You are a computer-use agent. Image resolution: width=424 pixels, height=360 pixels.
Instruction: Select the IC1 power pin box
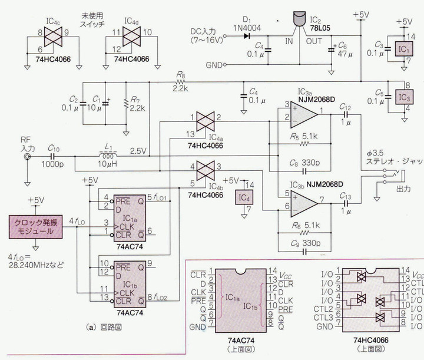click(x=403, y=48)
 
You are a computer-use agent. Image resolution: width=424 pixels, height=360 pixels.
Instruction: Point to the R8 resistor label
click(x=180, y=75)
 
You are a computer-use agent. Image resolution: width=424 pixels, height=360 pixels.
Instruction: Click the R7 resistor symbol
click(x=126, y=104)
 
